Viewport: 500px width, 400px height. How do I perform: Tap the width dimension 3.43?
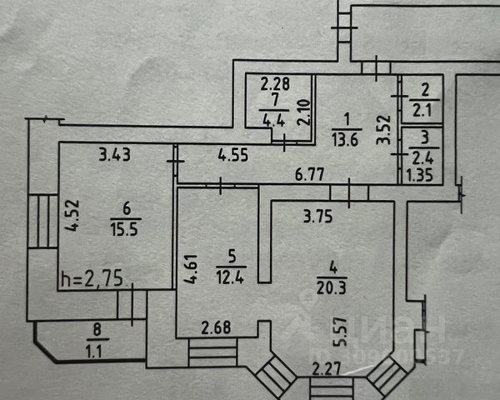coord(115,154)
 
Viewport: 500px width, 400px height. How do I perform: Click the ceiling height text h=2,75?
coord(91,277)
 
